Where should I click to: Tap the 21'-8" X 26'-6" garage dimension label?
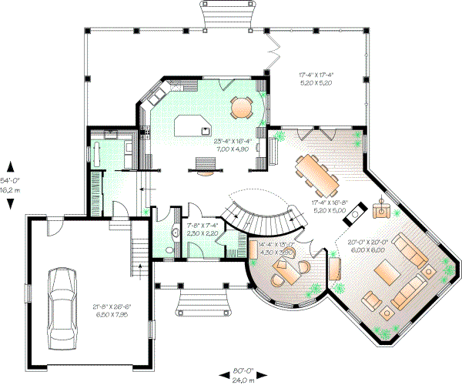(112, 310)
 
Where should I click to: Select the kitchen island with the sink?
(196, 126)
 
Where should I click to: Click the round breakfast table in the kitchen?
(242, 107)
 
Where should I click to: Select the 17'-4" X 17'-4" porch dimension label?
(320, 79)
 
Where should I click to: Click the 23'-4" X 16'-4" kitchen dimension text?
(233, 144)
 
